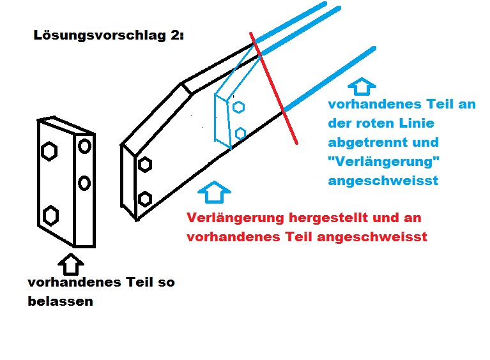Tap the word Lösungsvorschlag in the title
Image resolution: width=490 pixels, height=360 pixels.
click(x=100, y=36)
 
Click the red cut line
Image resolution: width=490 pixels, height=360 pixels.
click(x=273, y=88)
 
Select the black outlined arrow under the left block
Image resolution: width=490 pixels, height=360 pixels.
click(x=71, y=264)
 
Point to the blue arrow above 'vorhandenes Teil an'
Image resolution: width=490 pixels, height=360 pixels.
click(x=362, y=86)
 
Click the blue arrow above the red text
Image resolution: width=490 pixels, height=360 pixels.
click(x=214, y=191)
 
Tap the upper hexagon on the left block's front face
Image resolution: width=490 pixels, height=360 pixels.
click(x=49, y=151)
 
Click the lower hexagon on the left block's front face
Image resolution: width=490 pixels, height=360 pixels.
click(x=50, y=216)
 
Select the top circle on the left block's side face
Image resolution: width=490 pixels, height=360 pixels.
click(x=85, y=146)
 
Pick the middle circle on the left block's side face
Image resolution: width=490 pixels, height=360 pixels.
click(x=84, y=183)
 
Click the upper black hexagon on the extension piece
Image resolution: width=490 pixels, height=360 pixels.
click(x=144, y=165)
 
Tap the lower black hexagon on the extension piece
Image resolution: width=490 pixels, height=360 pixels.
click(x=144, y=199)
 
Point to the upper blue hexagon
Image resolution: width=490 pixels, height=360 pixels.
click(x=238, y=107)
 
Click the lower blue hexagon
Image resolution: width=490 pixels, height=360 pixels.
click(x=240, y=133)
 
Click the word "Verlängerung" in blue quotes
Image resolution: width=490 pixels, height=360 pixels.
click(x=384, y=161)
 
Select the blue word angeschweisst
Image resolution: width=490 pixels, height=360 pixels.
click(x=383, y=181)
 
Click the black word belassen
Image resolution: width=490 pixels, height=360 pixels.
click(x=60, y=301)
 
